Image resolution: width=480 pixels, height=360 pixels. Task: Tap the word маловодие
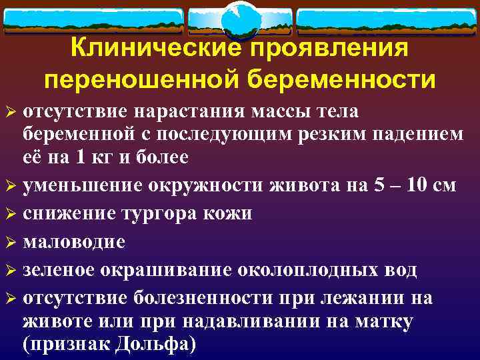(x=73, y=241)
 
